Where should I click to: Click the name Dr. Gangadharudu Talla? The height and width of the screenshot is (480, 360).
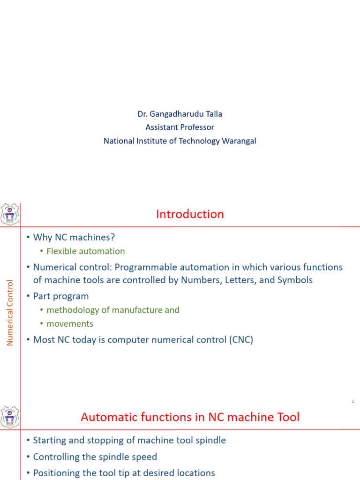coord(180,114)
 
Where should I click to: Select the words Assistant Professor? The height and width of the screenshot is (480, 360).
coord(180,127)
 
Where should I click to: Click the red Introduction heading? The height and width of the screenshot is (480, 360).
coord(190,214)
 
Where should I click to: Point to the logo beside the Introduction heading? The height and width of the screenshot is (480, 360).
coord(10,215)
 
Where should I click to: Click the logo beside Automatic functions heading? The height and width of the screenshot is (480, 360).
coord(10,417)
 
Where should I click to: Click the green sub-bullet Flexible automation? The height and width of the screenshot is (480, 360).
coord(85,251)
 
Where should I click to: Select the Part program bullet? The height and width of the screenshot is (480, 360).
coord(60,296)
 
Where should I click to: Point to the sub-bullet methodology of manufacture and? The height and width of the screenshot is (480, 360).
coord(112,310)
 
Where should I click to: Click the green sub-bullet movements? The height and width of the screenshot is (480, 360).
coord(69,324)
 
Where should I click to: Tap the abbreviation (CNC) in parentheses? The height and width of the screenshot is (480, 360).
coord(241,340)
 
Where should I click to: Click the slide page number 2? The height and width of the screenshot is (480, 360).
coord(352,401)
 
